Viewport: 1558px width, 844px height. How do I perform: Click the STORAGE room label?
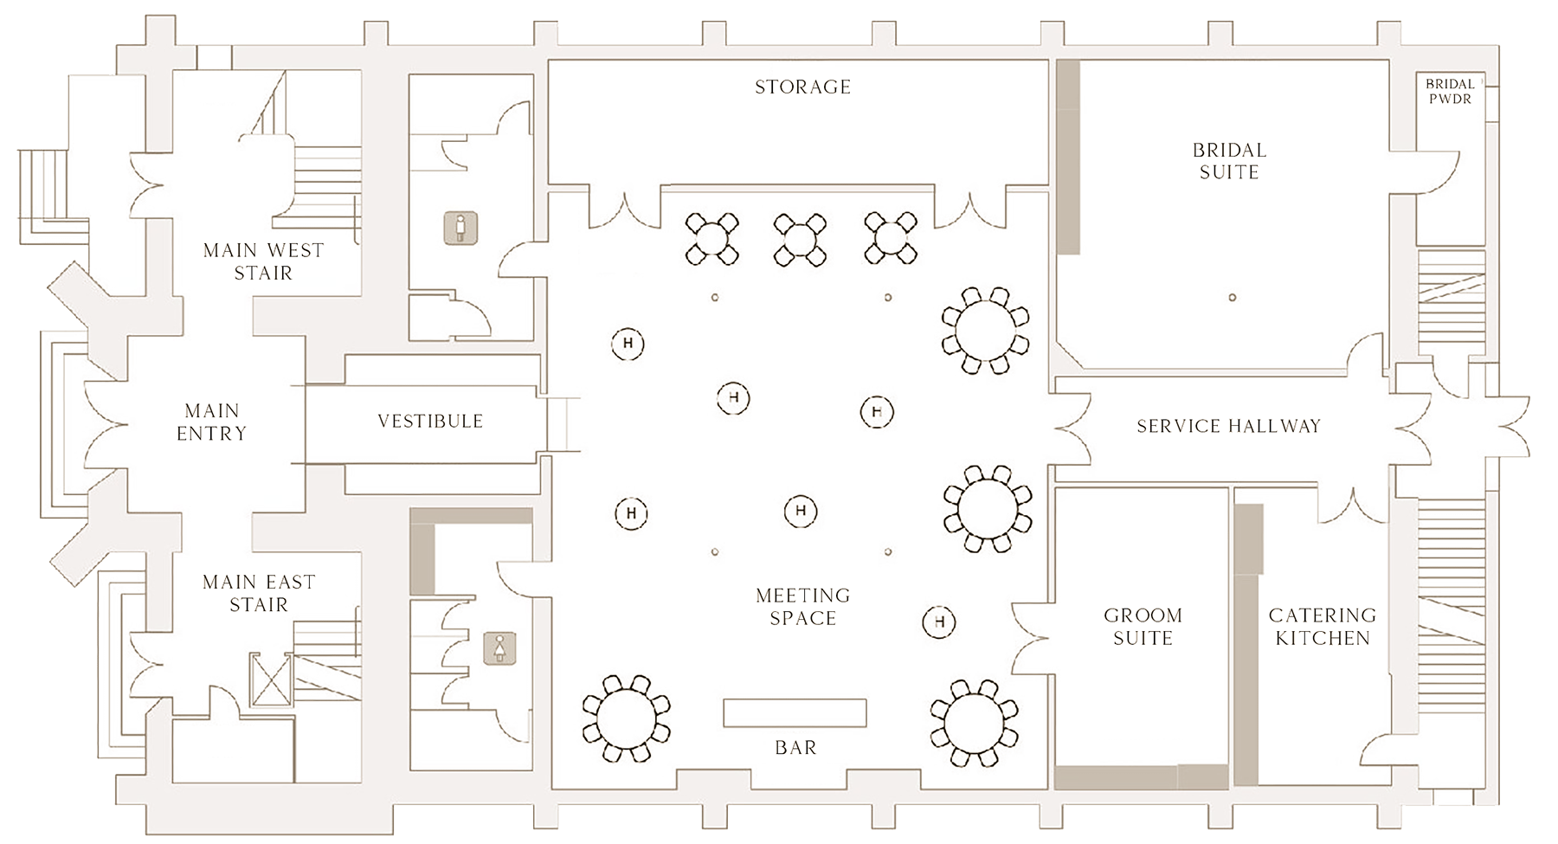[x=802, y=87]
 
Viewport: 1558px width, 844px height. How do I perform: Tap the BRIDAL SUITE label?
[x=1229, y=161]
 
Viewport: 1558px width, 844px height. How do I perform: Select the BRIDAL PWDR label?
[x=1450, y=92]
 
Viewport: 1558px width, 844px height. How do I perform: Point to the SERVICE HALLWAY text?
[x=1228, y=426]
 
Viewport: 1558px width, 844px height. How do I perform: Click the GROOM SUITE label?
[x=1143, y=627]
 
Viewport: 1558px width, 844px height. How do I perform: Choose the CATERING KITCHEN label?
[x=1322, y=627]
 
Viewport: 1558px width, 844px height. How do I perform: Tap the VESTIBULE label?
[x=430, y=422]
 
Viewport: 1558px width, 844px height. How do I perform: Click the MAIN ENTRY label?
[x=212, y=422]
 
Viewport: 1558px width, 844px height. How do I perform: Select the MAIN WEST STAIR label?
[x=263, y=261]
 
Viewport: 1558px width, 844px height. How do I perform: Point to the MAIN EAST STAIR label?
[x=259, y=593]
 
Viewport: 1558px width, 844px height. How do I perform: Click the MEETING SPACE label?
[x=802, y=607]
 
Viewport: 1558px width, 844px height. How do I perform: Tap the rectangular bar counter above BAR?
[x=795, y=712]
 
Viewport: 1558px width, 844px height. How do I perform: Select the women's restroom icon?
[x=499, y=647]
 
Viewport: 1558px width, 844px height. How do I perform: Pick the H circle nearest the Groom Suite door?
[x=939, y=622]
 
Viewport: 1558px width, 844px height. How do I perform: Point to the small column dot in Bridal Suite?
[x=1232, y=298]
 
